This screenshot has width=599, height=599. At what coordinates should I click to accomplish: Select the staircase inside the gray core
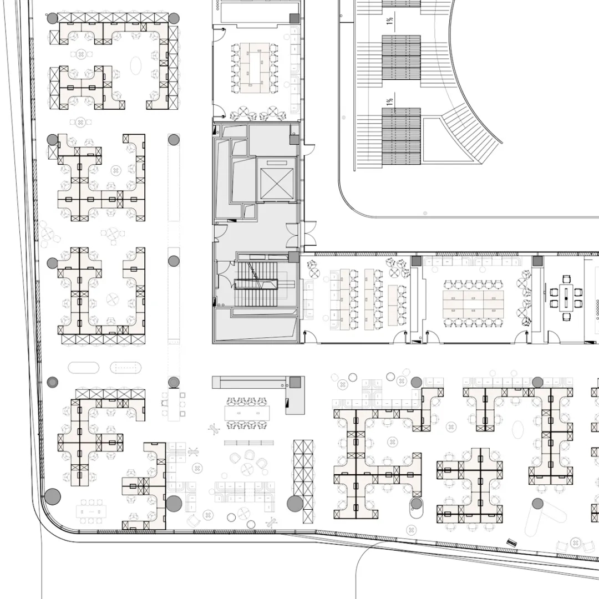(x=256, y=284)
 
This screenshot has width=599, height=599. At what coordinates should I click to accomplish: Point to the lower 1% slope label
(x=390, y=101)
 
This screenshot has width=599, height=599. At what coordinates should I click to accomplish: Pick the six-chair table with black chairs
(x=566, y=297)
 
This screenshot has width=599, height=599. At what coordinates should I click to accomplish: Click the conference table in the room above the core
(x=255, y=68)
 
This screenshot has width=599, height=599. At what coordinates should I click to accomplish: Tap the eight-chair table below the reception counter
(x=247, y=413)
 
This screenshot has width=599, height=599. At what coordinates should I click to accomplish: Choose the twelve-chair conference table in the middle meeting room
(x=473, y=304)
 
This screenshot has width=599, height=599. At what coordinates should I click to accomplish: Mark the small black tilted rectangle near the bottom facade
(x=512, y=542)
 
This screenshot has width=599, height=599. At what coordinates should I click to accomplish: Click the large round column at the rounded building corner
(x=53, y=496)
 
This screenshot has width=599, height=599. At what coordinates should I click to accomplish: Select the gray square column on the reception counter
(x=295, y=382)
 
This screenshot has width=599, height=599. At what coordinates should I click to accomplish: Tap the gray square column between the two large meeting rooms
(x=417, y=261)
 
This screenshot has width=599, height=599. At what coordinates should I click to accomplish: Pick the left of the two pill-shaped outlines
(x=84, y=368)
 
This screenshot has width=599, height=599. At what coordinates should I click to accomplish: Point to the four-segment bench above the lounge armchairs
(x=248, y=443)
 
